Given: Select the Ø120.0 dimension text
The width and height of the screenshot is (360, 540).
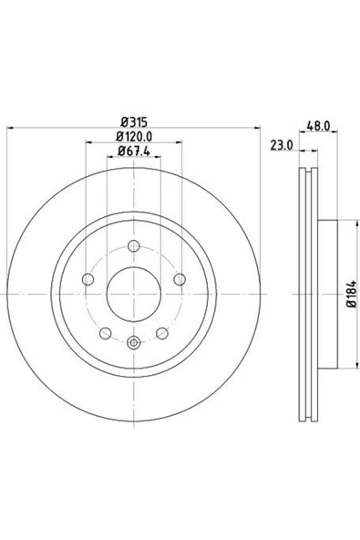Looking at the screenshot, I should click(x=133, y=138).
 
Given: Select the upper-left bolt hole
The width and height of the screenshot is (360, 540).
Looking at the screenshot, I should click(x=88, y=279).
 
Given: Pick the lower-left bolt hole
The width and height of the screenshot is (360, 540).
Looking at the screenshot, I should click(x=106, y=332).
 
